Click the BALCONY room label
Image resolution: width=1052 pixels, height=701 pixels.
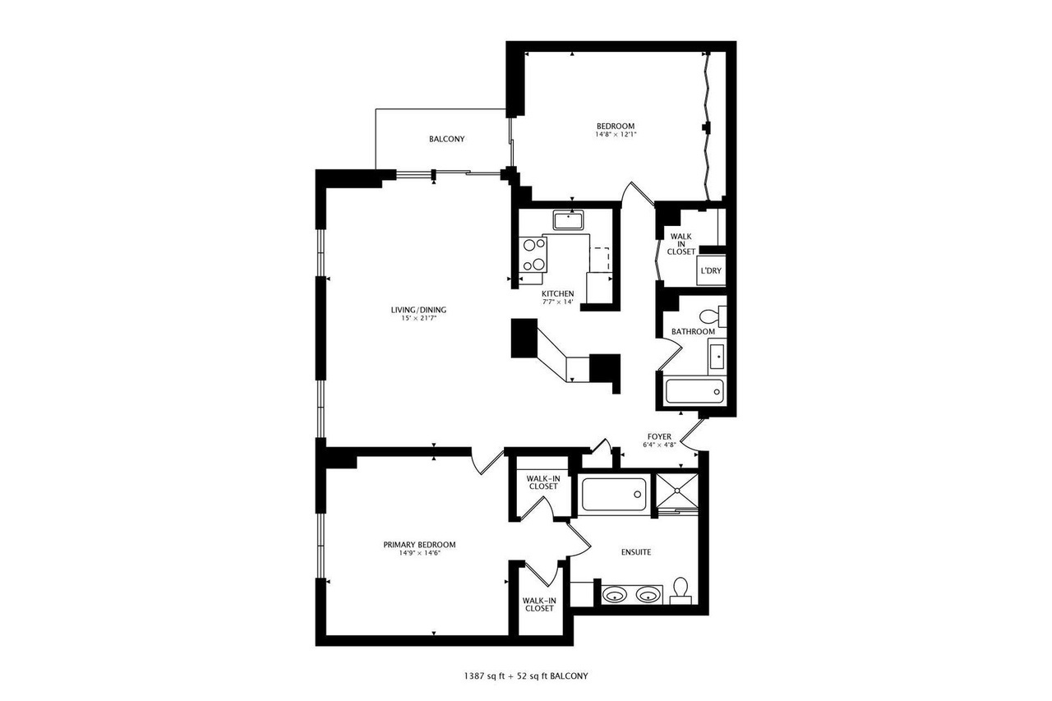[446, 139]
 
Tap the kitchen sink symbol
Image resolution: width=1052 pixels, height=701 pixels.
[568, 220]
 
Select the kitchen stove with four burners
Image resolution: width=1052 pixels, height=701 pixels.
[533, 254]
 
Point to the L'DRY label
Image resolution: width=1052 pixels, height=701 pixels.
[710, 270]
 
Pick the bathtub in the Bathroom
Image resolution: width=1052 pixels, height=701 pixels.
[694, 391]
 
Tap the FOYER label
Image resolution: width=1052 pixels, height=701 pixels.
[659, 436]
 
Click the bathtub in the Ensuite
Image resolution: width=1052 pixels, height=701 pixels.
[613, 495]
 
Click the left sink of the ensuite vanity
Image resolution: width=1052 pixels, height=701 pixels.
[613, 593]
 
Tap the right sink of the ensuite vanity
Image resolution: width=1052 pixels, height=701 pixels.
[648, 593]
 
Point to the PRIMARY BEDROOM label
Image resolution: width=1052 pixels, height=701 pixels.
[419, 545]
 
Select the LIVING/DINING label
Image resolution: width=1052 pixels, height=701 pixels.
[418, 310]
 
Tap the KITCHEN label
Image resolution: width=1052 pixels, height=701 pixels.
[557, 293]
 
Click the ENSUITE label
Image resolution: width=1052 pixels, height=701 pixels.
[635, 552]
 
